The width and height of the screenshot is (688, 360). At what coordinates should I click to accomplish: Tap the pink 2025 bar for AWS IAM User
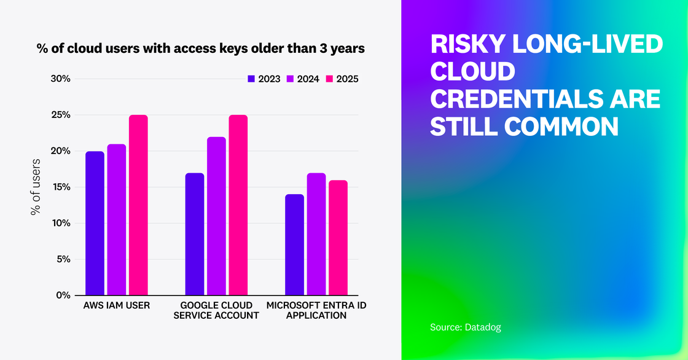138,205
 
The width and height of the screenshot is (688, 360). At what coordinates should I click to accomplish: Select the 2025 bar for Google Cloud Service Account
238,205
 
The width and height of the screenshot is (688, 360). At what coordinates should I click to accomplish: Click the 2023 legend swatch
251,79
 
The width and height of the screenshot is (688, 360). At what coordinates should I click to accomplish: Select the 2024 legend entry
303,79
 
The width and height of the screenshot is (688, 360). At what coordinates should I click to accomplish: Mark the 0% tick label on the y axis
63,295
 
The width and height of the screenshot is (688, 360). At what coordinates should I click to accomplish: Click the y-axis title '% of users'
35,187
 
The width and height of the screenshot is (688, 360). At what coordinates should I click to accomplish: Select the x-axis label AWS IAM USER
116,305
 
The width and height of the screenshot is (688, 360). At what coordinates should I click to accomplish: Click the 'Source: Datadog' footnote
465,327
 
